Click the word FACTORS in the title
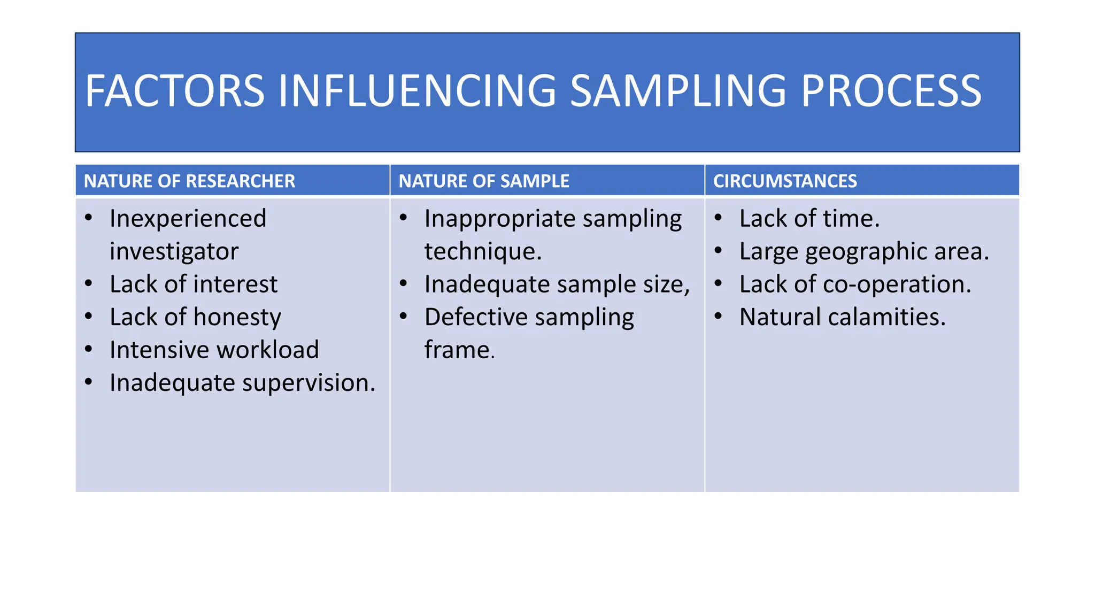(175, 91)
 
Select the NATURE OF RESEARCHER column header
(189, 181)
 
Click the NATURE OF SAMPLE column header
(484, 181)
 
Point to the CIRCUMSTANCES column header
(785, 181)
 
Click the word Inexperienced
(188, 219)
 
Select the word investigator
(174, 251)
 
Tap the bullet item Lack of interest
(194, 284)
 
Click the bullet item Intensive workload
(214, 350)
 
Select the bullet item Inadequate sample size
(557, 284)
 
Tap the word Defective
(476, 317)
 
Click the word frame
(457, 350)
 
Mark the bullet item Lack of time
(809, 219)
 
